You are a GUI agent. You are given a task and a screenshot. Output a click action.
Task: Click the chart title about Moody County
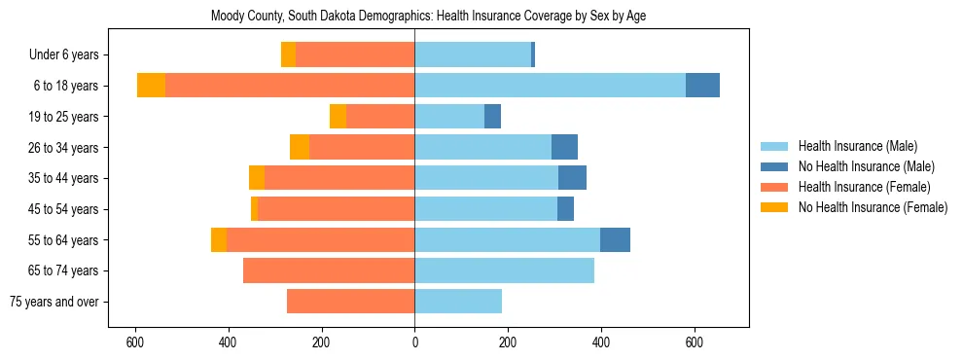pos(428,16)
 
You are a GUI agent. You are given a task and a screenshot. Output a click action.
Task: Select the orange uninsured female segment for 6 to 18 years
pos(151,86)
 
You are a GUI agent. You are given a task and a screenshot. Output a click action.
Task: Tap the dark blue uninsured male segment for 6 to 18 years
pos(702,86)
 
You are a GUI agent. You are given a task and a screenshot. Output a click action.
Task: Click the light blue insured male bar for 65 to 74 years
pos(504,270)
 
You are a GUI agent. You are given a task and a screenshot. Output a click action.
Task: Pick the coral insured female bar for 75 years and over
pos(350,302)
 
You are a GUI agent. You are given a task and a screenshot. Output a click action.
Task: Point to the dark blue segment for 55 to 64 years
pos(615,239)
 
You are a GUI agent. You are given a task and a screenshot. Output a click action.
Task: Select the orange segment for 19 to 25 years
pos(338,117)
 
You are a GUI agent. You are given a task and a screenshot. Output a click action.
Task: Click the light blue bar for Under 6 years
pos(473,54)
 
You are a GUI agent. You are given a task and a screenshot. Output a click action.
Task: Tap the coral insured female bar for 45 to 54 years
pos(372,209)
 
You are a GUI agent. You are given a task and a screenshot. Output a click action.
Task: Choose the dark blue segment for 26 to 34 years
pos(564,147)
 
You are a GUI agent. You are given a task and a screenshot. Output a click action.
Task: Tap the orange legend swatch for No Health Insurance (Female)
pos(775,207)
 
